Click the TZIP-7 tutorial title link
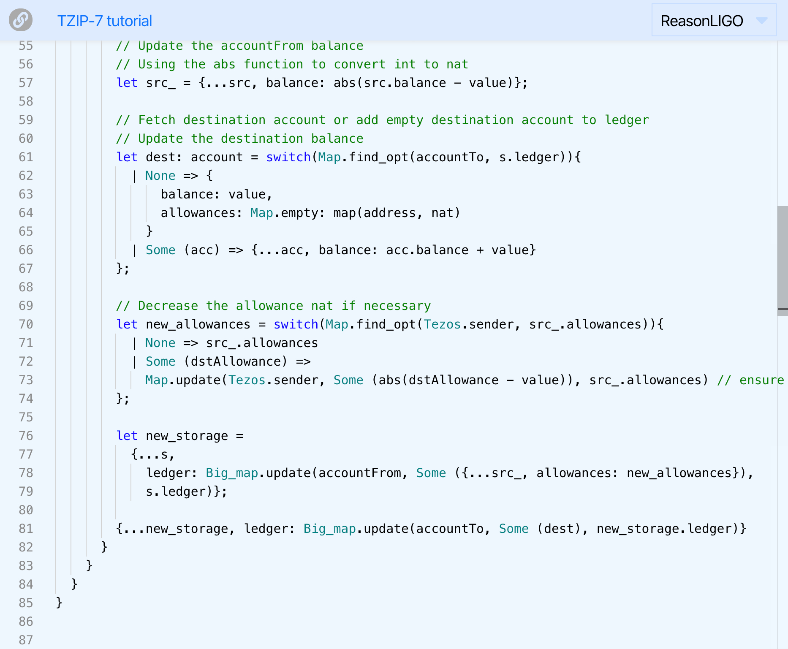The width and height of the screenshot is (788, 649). (104, 21)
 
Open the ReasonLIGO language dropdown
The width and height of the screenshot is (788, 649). (713, 21)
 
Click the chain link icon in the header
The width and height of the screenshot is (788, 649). (21, 20)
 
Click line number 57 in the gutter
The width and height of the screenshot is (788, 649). (26, 83)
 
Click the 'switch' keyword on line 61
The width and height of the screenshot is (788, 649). (288, 157)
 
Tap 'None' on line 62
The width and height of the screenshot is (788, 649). (160, 176)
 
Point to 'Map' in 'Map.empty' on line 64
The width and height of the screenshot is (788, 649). (261, 213)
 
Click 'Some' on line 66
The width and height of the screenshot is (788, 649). (160, 250)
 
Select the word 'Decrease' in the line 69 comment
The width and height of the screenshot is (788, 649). (168, 306)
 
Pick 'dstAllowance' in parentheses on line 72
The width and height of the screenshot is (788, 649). (236, 361)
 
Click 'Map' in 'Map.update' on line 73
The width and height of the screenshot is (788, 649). (157, 380)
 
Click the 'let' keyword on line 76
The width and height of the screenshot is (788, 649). (127, 436)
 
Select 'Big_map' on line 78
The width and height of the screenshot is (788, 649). (232, 473)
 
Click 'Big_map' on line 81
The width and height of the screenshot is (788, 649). (329, 529)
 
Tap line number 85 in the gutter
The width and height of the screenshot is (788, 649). (26, 603)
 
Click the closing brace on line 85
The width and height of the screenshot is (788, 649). (59, 603)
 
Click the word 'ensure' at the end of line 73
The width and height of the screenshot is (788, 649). (761, 380)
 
